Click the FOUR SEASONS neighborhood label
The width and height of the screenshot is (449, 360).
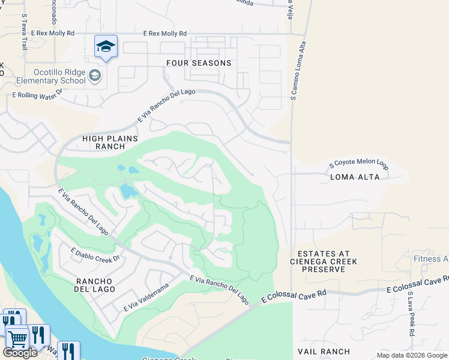point(199,63)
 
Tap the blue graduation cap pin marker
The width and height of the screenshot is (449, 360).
point(106,47)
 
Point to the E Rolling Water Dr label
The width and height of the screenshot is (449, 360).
point(37,93)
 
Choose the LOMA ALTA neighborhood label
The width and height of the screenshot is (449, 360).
point(355,177)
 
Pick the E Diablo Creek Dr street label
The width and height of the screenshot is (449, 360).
point(96,257)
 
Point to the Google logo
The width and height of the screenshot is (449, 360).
point(20,353)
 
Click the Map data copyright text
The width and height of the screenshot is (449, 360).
point(412,355)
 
